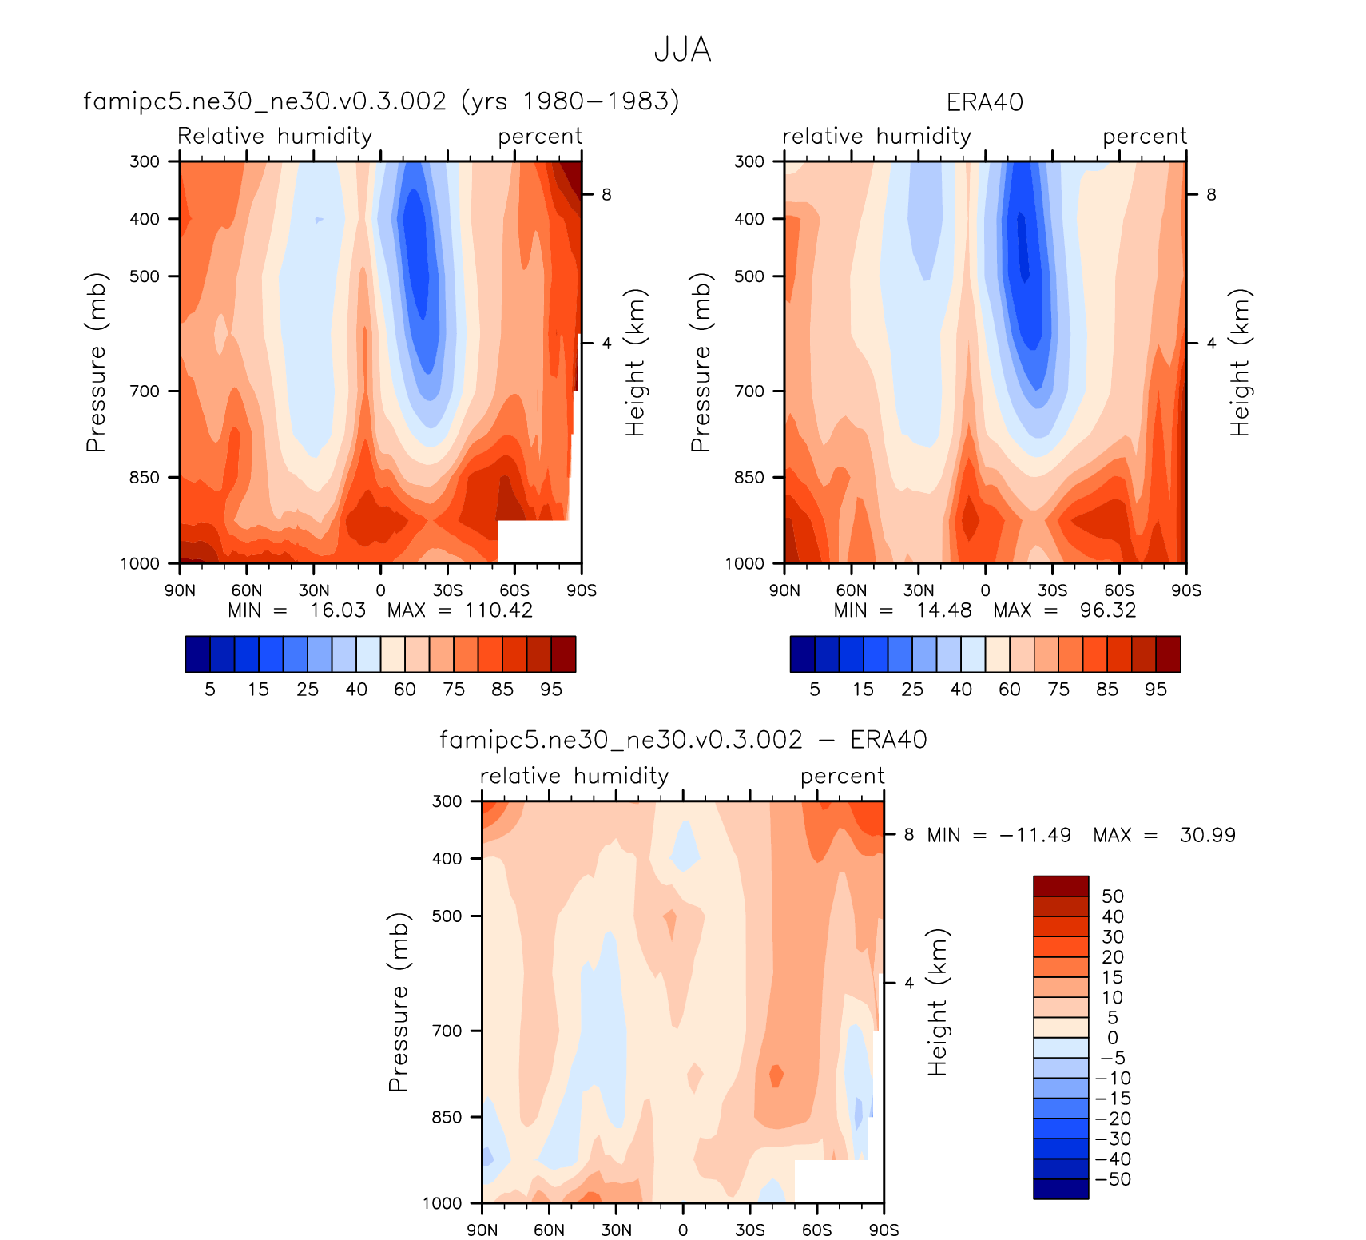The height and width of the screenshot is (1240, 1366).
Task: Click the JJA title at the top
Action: (x=682, y=50)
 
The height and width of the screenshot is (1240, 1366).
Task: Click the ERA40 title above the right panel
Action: (x=984, y=102)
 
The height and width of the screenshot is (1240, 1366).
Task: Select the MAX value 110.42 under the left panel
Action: (x=498, y=610)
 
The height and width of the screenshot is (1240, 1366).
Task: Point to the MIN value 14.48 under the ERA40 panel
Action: (x=943, y=610)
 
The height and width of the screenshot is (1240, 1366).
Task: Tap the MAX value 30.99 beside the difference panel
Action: (x=1207, y=835)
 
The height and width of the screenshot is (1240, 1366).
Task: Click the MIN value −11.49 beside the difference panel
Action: (x=1034, y=835)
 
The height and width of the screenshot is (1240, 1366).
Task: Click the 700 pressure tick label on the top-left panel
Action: (x=145, y=391)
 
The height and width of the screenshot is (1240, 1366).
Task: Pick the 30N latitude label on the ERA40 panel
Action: (x=918, y=590)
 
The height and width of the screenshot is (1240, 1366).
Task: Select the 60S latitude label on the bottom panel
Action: (x=816, y=1230)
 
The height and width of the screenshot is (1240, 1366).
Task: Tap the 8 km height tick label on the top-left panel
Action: (x=606, y=194)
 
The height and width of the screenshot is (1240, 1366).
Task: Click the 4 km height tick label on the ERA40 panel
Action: (x=1211, y=343)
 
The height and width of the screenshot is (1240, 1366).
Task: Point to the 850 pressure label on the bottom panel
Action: (x=447, y=1117)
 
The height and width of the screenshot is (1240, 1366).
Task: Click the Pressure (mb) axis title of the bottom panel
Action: (x=398, y=1002)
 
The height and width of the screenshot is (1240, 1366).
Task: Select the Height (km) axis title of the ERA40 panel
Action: (x=1239, y=362)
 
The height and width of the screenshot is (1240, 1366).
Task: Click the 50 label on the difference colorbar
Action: (x=1113, y=896)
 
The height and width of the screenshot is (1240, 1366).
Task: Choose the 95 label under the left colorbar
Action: (x=551, y=690)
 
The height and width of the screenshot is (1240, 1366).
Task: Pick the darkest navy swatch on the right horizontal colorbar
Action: (x=802, y=654)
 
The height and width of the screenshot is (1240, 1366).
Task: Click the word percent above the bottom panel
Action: (x=842, y=776)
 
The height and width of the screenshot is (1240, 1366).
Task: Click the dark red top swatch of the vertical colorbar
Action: (x=1061, y=886)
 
